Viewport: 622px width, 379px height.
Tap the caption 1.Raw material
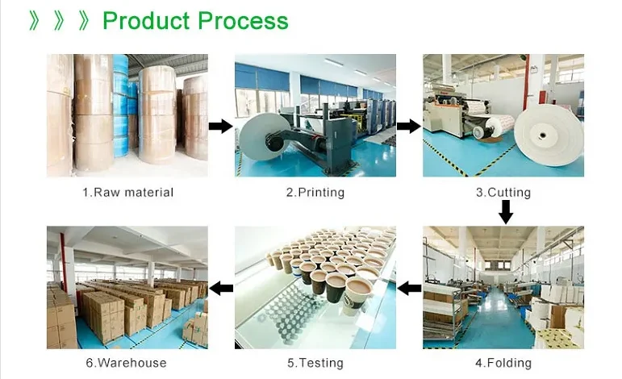click(x=127, y=193)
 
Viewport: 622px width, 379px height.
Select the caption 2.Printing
click(x=315, y=193)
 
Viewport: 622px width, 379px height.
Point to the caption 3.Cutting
click(x=503, y=193)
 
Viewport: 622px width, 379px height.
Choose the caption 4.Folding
click(x=503, y=363)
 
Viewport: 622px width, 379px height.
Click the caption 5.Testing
click(x=315, y=363)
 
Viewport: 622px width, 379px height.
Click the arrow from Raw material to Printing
click(x=220, y=126)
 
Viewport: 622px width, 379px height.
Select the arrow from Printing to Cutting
click(x=409, y=126)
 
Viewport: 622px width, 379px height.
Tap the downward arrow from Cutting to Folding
click(x=506, y=212)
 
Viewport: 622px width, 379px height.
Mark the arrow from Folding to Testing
click(x=410, y=288)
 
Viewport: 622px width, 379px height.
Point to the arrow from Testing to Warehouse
click(x=221, y=288)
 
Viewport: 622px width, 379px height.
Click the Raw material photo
click(x=127, y=115)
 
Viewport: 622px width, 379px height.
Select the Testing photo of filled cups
click(x=315, y=287)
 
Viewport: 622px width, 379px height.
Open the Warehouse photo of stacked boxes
click(x=127, y=287)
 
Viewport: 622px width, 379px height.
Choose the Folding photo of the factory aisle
click(x=503, y=287)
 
